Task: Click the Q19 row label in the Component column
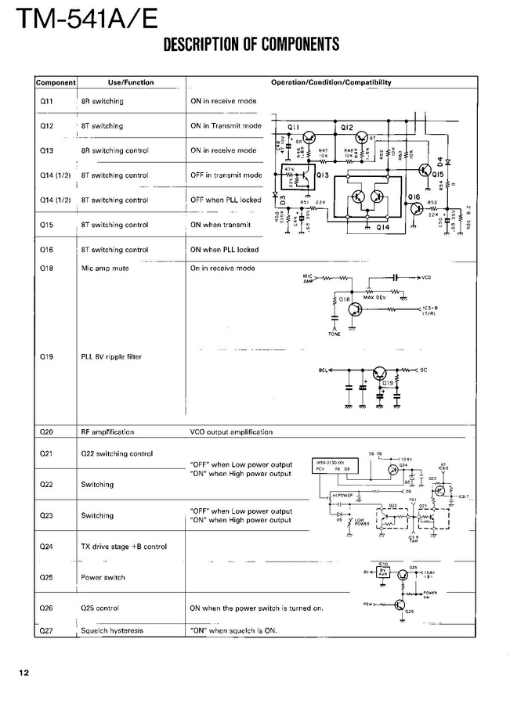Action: (x=46, y=357)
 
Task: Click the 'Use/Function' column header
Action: (x=130, y=82)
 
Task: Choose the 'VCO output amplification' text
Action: (x=231, y=431)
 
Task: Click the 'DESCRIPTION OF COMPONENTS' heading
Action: (x=251, y=44)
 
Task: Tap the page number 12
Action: (x=24, y=673)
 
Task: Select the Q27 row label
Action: (x=46, y=630)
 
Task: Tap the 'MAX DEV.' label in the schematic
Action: (x=375, y=297)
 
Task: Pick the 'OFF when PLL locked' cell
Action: (x=226, y=200)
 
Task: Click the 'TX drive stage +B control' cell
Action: (x=123, y=547)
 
